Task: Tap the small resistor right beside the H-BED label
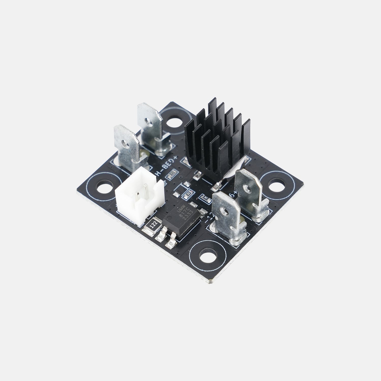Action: click(173, 173)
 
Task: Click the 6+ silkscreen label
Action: click(233, 194)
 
